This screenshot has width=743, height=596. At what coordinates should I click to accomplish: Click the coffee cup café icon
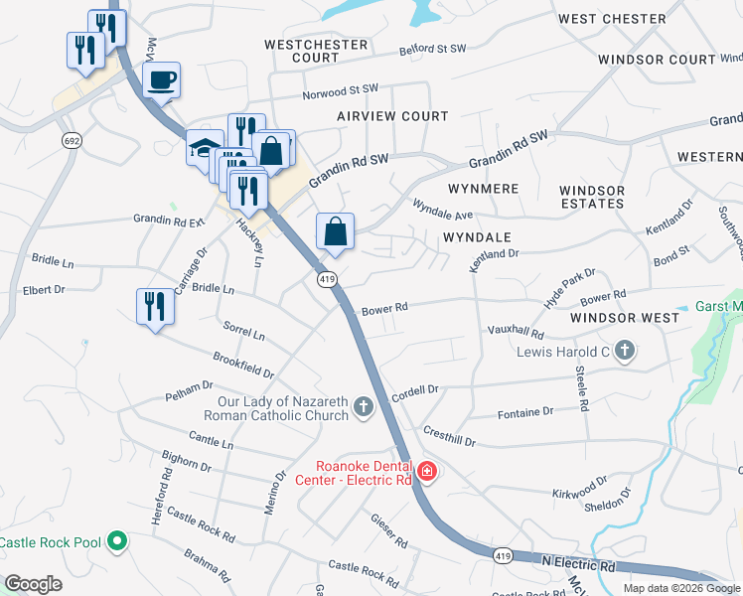(x=162, y=79)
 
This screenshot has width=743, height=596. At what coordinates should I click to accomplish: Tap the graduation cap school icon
(x=204, y=149)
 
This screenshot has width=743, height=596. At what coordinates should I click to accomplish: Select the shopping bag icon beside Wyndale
(x=336, y=231)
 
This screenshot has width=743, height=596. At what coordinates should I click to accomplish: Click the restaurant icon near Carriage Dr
(x=154, y=304)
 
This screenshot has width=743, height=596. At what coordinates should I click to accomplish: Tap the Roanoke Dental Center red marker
(x=426, y=470)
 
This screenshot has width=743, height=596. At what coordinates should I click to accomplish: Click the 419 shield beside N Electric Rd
(x=504, y=557)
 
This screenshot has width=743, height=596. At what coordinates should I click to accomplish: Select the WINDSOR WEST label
(x=625, y=318)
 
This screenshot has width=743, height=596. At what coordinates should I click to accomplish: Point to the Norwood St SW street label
(x=341, y=91)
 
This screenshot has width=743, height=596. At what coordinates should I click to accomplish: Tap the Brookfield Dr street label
(x=243, y=365)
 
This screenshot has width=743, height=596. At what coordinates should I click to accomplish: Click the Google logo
(x=34, y=583)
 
